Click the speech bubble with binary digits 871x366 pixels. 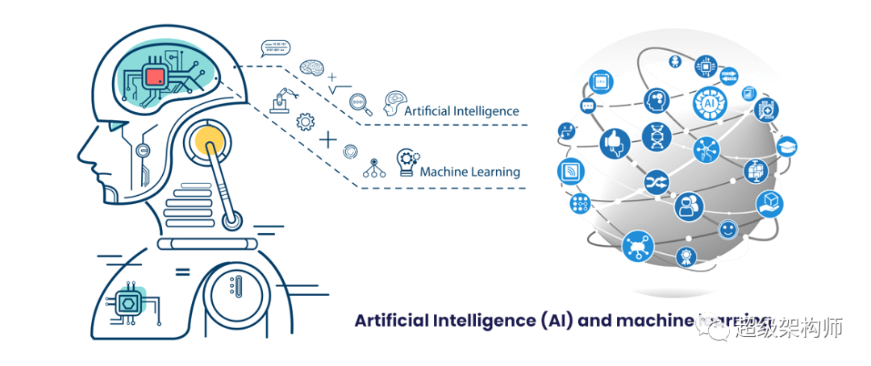click(x=275, y=48)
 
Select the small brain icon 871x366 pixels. click(x=311, y=67)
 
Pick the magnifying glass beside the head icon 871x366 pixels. click(x=360, y=102)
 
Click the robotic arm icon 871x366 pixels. click(x=281, y=102)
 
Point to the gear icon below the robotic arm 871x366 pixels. click(x=305, y=122)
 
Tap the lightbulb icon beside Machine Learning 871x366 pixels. click(x=405, y=160)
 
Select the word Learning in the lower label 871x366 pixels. click(x=493, y=172)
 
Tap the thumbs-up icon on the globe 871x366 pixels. click(x=615, y=143)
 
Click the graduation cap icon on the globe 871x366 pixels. click(x=786, y=147)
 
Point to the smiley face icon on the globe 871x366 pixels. click(x=728, y=230)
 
